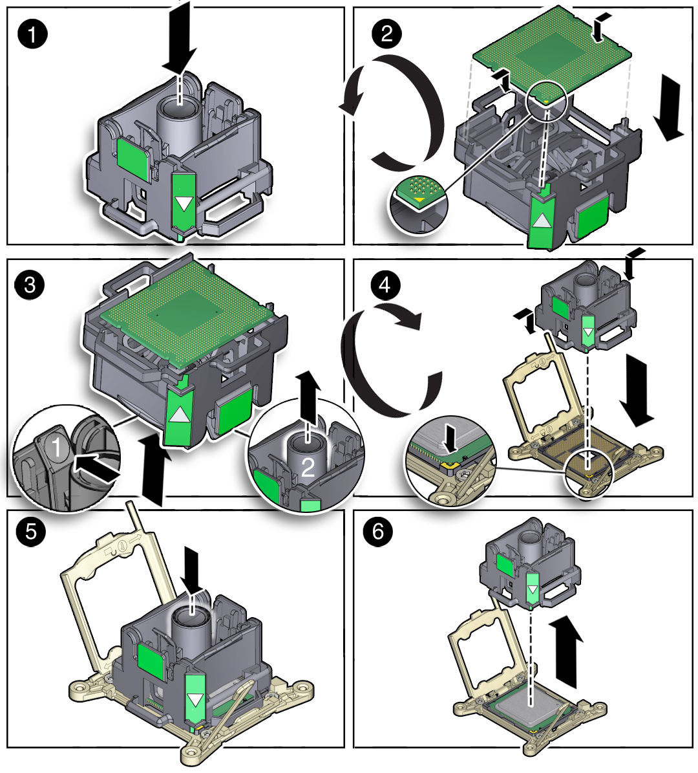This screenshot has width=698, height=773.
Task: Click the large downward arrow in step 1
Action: coord(179,39)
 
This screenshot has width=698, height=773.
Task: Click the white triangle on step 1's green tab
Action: coord(184,204)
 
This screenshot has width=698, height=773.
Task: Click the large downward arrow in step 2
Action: coord(668,107)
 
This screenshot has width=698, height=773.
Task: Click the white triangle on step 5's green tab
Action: coord(195,701)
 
